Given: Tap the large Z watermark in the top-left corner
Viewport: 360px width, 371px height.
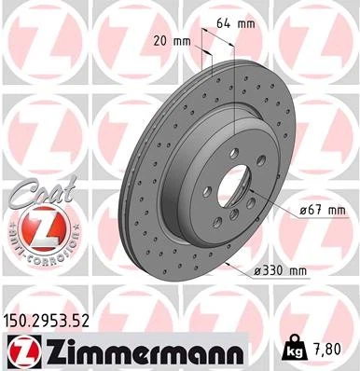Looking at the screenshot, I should click(x=33, y=37).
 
